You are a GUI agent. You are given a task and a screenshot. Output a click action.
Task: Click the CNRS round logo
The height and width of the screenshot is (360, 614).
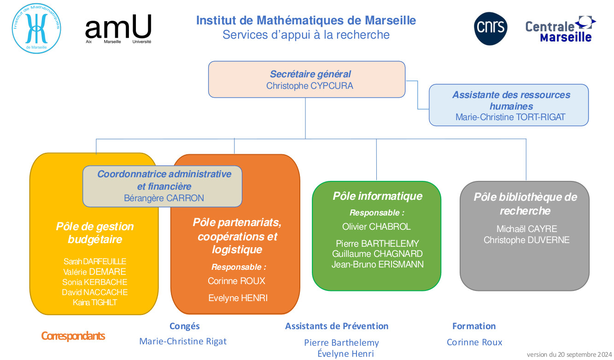tap(491, 29)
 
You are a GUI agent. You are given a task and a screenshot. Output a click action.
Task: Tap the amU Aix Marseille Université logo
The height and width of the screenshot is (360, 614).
tap(118, 29)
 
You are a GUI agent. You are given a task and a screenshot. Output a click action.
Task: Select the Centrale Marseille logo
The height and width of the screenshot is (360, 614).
tap(560, 29)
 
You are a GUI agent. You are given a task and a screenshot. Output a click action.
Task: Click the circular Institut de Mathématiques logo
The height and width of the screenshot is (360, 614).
tap(36, 29)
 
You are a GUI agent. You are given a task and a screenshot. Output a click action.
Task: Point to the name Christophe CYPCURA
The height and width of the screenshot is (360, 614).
tap(310, 86)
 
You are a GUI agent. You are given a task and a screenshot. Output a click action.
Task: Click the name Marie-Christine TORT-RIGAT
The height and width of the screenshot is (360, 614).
tap(510, 117)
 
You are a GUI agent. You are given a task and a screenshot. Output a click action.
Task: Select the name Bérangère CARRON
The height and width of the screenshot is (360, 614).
tap(164, 198)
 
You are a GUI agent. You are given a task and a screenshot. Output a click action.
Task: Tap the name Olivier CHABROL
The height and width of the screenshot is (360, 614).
tap(376, 226)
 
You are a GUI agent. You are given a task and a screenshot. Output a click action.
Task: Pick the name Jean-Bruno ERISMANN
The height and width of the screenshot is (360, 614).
tap(377, 264)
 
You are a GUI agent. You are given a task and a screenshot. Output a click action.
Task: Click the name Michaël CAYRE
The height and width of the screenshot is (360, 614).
tap(526, 229)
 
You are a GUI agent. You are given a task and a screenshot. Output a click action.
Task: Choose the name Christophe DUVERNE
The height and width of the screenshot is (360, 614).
tap(526, 240)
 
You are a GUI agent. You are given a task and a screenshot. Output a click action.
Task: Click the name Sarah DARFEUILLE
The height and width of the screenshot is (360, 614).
tap(95, 261)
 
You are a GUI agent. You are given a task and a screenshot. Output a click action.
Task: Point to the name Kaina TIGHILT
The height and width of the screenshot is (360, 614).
tap(95, 302)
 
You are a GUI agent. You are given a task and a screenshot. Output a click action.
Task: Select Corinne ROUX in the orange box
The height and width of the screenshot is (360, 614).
tap(236, 281)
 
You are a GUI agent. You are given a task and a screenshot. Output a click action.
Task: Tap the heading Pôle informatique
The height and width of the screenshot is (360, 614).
tap(377, 196)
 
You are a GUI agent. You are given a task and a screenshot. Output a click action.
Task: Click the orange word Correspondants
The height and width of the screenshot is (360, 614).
tap(73, 336)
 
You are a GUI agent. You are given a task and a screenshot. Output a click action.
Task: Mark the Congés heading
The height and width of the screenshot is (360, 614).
tap(184, 326)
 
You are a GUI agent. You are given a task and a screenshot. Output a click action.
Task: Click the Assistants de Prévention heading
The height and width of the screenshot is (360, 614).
tap(337, 326)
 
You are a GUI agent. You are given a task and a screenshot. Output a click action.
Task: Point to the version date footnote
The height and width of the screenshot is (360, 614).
tap(569, 354)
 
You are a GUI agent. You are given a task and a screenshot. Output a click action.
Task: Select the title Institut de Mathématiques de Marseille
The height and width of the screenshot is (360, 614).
tap(306, 21)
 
